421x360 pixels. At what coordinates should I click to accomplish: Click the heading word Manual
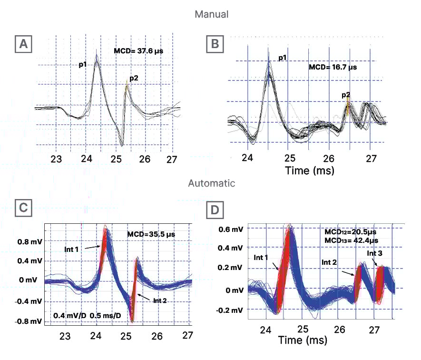click(x=211, y=14)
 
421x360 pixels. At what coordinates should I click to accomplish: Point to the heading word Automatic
click(x=211, y=183)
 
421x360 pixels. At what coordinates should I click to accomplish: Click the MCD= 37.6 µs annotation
click(x=138, y=50)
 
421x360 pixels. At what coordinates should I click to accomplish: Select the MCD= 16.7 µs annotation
click(x=333, y=67)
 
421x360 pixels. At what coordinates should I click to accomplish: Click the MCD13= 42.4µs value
click(x=352, y=241)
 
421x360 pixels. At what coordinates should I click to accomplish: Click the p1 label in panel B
click(x=282, y=58)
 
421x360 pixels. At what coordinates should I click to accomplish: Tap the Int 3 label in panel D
click(x=375, y=253)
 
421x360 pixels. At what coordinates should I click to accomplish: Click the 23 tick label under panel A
click(x=56, y=160)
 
